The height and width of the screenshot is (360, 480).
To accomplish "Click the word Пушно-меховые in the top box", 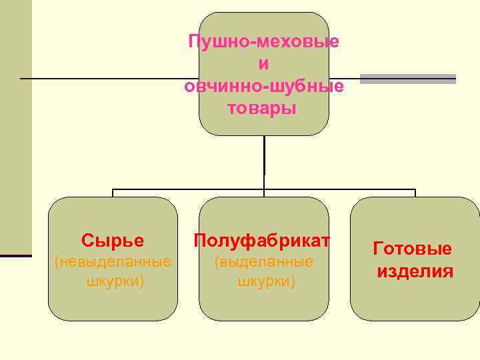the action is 264,41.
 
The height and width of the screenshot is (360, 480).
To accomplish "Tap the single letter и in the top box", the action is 264,64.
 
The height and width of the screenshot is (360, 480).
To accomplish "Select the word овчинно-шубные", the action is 264,86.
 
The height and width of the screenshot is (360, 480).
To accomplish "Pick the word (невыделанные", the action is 112,261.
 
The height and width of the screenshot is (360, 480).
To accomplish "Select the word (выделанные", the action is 264,261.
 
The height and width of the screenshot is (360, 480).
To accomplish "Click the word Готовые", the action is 412,249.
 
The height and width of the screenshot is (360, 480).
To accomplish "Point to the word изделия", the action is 415,271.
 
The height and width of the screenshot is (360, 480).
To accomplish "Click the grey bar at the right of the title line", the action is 407,79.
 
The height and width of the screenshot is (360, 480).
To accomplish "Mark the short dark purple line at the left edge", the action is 15,255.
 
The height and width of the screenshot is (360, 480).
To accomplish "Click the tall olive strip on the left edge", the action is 15,127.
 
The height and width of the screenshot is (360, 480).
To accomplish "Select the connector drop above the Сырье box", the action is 113,193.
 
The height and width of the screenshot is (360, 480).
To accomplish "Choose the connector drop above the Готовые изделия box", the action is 415,193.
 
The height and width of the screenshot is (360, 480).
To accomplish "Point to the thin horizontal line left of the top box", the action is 107,79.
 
